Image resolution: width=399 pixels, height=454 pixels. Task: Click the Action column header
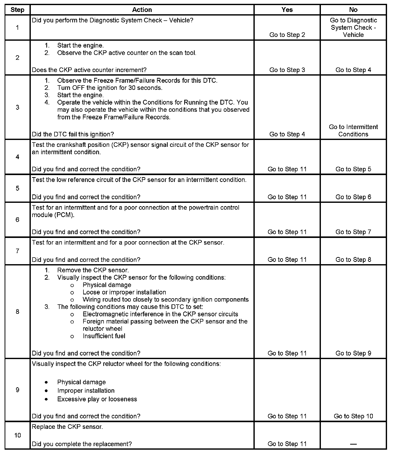pos(142,10)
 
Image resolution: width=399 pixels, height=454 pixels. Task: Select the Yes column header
pos(287,10)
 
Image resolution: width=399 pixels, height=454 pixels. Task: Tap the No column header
pos(353,10)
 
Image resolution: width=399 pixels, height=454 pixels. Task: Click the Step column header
pos(17,10)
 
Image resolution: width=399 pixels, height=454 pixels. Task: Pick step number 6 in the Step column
pos(17,220)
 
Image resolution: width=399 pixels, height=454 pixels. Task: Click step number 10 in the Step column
pos(17,435)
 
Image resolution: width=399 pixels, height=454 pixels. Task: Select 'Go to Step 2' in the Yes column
pos(287,35)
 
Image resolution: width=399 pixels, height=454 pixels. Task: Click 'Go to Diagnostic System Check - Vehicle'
pos(353,27)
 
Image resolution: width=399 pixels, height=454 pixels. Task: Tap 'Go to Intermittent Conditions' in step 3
pos(353,131)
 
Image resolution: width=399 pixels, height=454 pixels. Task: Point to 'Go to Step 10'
pos(353,416)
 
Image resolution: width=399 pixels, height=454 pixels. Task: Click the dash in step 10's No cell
pos(353,444)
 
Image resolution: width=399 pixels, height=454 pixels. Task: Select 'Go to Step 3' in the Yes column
pos(287,70)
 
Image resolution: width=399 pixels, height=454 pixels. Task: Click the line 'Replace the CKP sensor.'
pos(67,427)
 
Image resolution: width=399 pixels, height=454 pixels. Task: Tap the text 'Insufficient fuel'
pos(104,336)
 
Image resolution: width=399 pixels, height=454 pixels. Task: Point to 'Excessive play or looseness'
pos(97,399)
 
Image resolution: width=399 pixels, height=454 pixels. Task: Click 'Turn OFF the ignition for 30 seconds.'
pos(110,88)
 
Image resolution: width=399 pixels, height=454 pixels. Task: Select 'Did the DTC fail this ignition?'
pos(73,134)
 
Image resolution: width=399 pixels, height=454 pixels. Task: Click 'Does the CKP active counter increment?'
pos(89,70)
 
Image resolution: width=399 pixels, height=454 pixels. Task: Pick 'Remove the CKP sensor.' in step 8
pos(93,270)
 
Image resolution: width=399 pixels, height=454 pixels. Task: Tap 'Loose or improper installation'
pos(124,292)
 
